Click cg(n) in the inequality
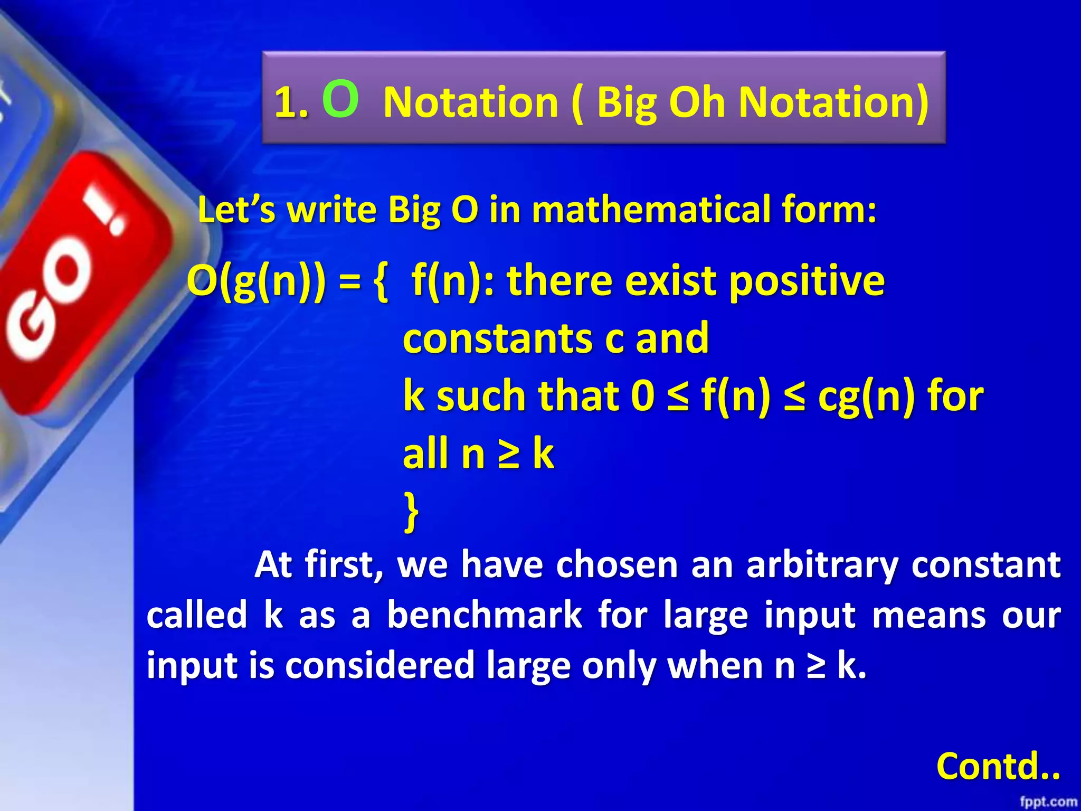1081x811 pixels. pyautogui.click(x=866, y=397)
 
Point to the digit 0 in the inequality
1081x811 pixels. pyautogui.click(x=643, y=396)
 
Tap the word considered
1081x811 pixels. pyautogui.click(x=380, y=665)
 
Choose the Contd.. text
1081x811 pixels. pyautogui.click(x=998, y=766)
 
